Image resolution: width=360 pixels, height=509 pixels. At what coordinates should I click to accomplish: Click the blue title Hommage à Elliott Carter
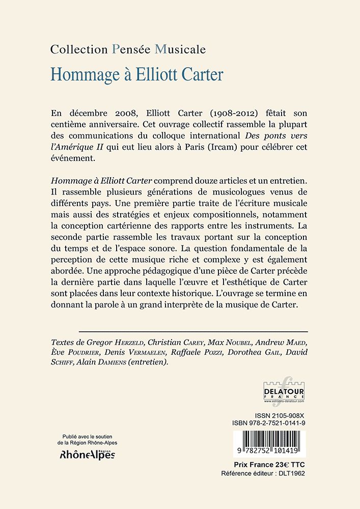pos(137,75)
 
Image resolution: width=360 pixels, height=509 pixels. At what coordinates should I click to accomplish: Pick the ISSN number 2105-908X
pos(287,415)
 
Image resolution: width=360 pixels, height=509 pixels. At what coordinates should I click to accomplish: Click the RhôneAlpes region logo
pos(88,455)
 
